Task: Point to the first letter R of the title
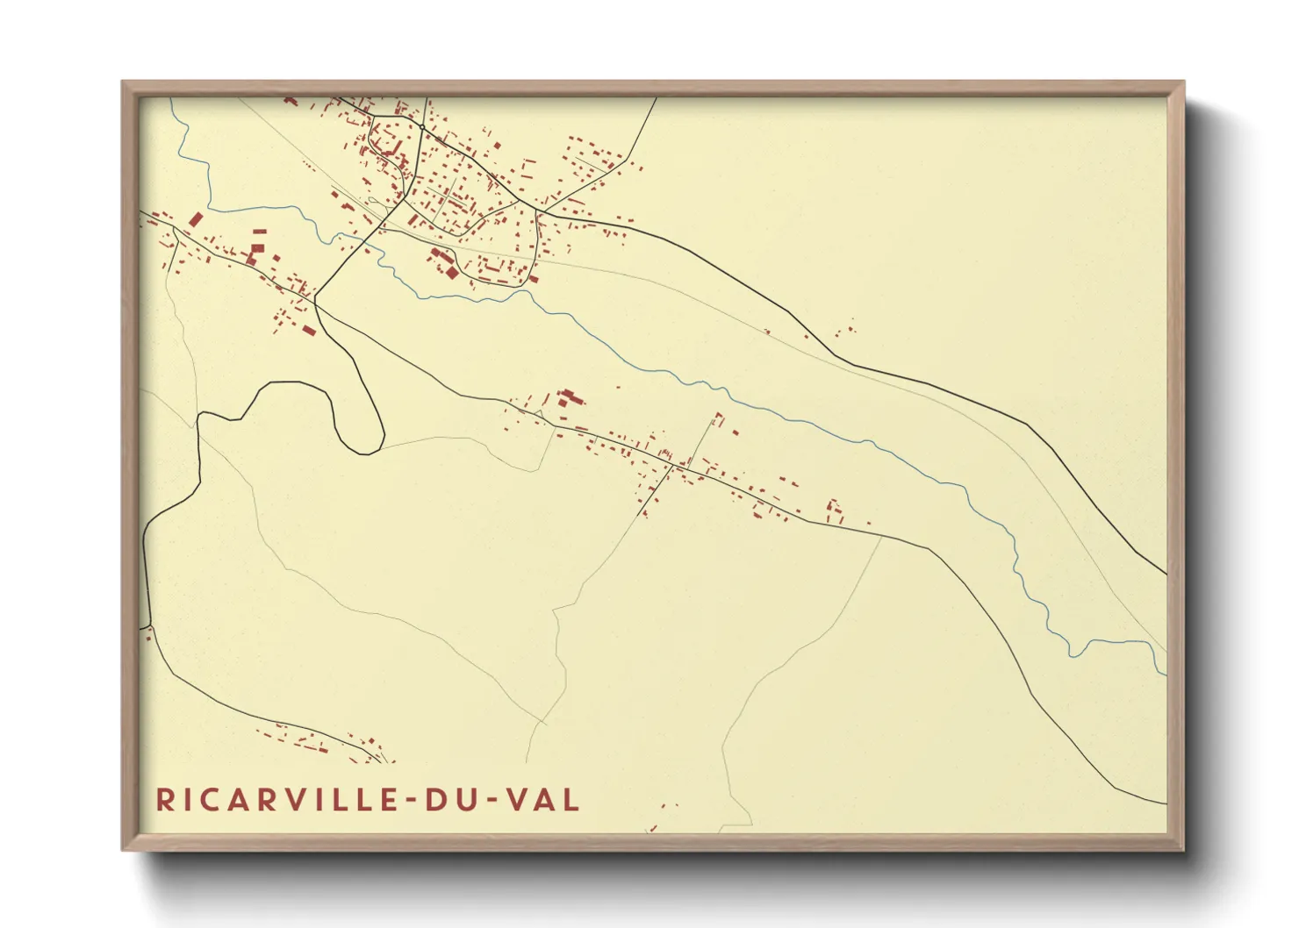(164, 799)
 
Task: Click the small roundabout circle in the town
(422, 128)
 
